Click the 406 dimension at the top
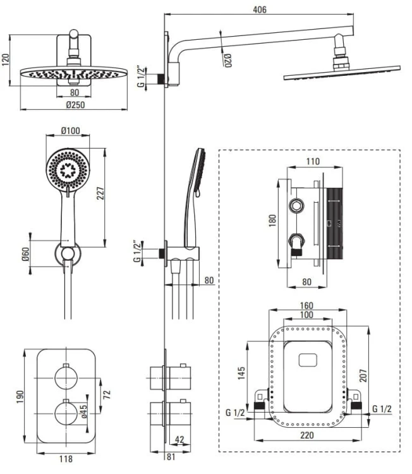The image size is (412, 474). point(259,9)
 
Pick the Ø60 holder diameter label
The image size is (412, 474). point(25,255)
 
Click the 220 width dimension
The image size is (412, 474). point(307,436)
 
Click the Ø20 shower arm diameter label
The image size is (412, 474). point(227,60)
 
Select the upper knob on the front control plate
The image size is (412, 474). point(66,379)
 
